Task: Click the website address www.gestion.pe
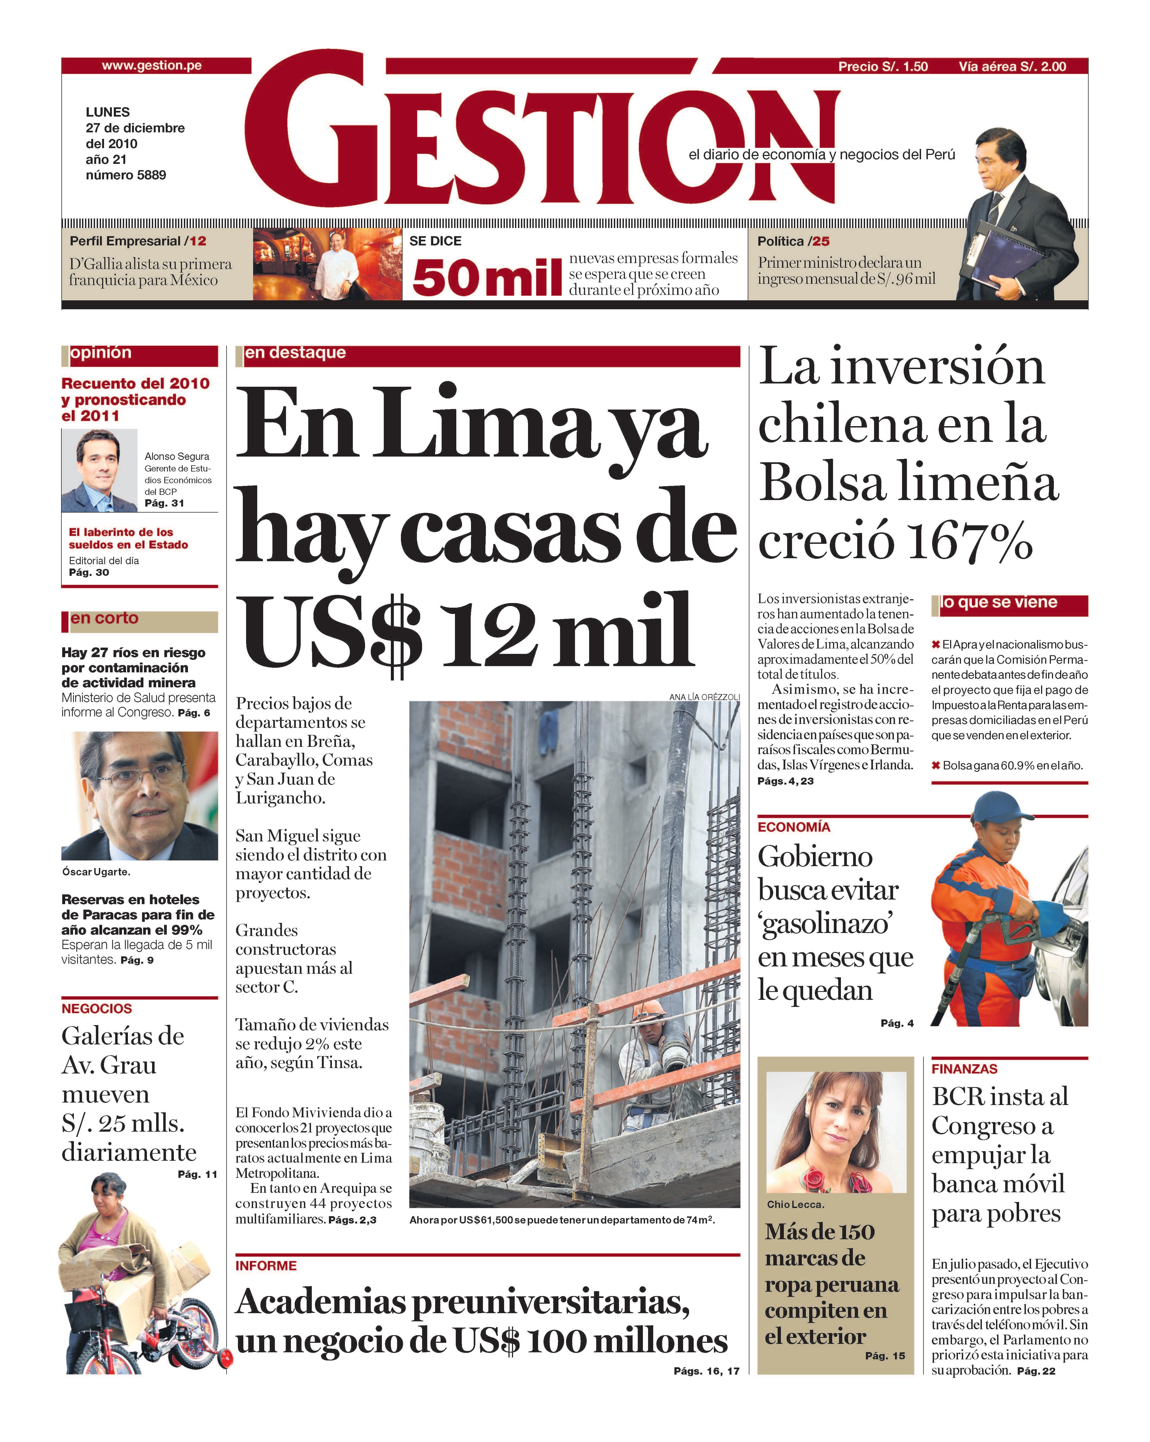(152, 65)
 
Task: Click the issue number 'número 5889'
(126, 175)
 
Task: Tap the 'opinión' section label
(101, 352)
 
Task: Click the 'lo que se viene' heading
(999, 603)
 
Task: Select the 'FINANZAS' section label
(964, 1069)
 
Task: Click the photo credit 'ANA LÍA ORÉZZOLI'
(704, 697)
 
